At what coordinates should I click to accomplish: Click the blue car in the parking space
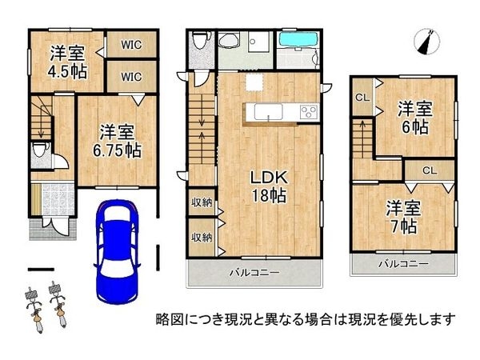point(118,252)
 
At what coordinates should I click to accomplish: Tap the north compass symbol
point(426,42)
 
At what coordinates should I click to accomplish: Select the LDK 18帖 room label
point(269,186)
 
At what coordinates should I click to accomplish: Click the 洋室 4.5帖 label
point(67,62)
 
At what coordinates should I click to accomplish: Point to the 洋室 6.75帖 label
point(117,141)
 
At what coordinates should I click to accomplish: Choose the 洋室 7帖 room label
point(403,217)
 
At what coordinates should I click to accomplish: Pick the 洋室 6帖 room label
point(414,118)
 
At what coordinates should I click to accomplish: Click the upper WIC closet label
point(131,45)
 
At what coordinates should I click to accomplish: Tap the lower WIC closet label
point(131,77)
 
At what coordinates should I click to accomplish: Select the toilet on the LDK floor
point(201,39)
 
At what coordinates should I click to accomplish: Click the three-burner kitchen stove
point(309,112)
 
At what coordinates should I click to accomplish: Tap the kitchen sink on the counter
point(268,112)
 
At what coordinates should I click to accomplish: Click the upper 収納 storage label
point(202,202)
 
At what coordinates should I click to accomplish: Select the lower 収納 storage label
point(202,237)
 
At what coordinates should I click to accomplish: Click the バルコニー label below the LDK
point(254,273)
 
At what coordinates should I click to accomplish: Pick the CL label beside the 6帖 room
point(362,98)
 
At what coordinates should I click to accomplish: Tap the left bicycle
point(34,310)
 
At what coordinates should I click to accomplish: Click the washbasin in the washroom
point(228,41)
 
